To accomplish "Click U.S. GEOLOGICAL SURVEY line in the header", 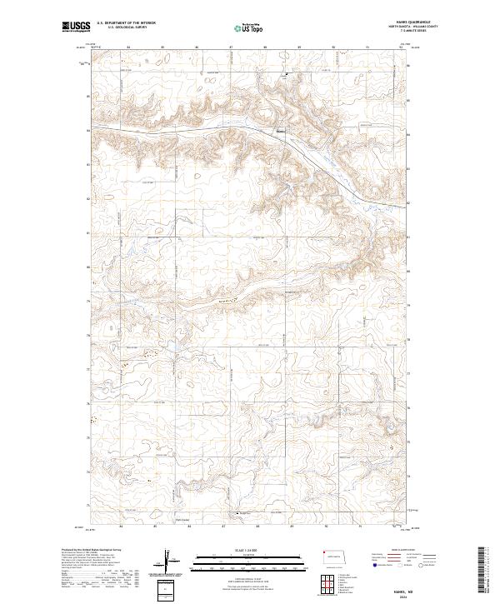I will pyautogui.click(x=122, y=27).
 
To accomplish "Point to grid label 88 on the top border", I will pyautogui.click(x=265, y=47).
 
